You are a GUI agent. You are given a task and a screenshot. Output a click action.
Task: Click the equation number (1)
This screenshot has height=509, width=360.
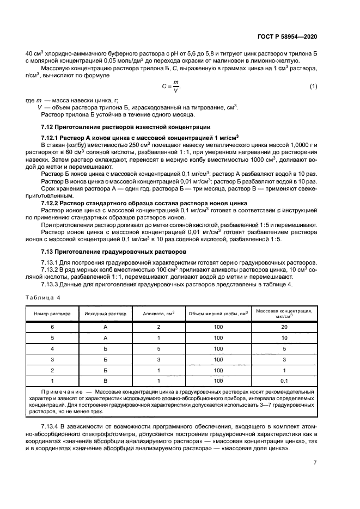click(313, 87)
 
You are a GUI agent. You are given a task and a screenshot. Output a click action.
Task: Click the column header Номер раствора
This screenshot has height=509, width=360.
click(52, 314)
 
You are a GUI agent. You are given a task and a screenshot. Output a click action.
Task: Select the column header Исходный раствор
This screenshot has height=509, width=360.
click(105, 314)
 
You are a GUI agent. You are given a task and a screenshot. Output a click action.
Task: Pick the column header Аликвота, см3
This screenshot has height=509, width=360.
click(158, 314)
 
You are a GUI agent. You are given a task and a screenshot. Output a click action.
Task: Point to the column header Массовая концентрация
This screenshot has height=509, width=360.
click(284, 314)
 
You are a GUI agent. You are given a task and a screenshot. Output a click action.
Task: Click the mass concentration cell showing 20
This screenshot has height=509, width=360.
click(284, 327)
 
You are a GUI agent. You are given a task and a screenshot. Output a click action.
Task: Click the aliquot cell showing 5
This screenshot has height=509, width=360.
click(158, 348)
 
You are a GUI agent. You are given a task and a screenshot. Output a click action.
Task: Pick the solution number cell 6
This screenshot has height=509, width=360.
click(52, 327)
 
